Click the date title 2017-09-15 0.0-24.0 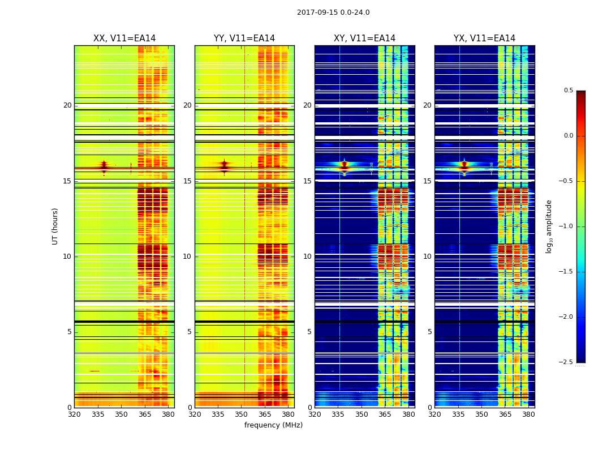pos(333,12)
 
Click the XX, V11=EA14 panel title pos(124,39)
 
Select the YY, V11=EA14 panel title pos(244,39)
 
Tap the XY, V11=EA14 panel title pos(364,39)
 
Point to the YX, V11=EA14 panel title pos(484,39)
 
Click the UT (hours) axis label pos(55,226)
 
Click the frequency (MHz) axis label pos(273,425)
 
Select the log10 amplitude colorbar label pos(549,226)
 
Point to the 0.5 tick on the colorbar pos(569,91)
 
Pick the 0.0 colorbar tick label pos(569,136)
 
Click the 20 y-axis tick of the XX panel pos(67,105)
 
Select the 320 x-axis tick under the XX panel pos(74,414)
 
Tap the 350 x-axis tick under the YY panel pos(242,414)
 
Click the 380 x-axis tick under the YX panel pos(528,414)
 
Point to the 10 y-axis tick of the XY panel pos(308,257)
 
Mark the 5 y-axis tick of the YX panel pos(430,332)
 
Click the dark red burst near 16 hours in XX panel pos(104,166)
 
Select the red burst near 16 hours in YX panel pos(464,166)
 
